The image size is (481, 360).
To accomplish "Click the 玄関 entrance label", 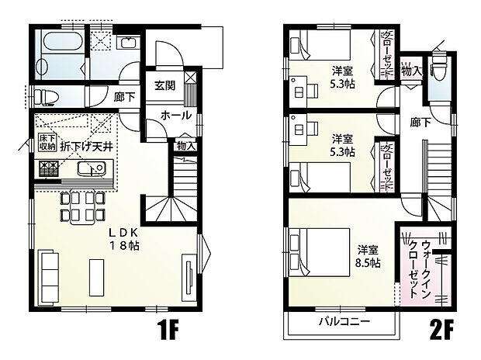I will (x=163, y=85).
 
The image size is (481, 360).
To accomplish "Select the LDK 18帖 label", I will (x=123, y=238).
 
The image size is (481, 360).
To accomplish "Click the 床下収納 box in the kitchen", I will (x=47, y=143).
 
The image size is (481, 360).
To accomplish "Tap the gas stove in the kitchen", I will (x=47, y=169).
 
